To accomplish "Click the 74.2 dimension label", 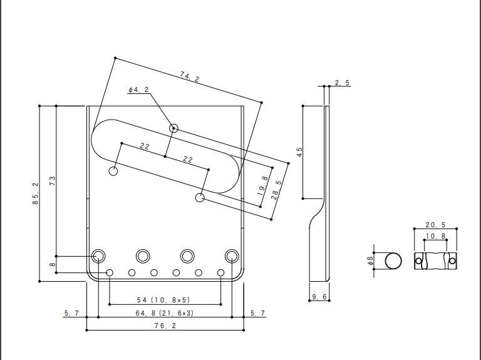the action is [x=190, y=76].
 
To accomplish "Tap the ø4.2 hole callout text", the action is [x=138, y=90].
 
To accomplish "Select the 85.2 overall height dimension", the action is [x=36, y=193].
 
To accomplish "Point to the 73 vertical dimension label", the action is [x=53, y=180].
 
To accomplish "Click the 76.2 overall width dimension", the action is [x=165, y=326].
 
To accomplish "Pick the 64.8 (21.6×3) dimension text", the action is [x=165, y=313].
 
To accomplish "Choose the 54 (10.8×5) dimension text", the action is [x=163, y=300].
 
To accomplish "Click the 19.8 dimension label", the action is [x=263, y=186].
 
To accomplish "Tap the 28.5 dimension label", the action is [x=276, y=190].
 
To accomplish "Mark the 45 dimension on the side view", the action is [x=299, y=152].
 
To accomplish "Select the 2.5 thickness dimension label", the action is [x=342, y=83].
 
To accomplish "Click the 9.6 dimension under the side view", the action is [x=319, y=297].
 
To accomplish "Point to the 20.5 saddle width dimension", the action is [x=435, y=225].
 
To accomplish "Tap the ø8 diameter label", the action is [x=371, y=260].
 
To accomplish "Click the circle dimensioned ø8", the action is [x=393, y=261].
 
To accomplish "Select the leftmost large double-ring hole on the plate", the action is [x=98, y=255].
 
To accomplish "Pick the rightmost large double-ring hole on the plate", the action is [x=232, y=255].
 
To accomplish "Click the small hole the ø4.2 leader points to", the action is [x=173, y=128].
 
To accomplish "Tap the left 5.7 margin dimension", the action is [x=71, y=313].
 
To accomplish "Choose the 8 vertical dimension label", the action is [x=53, y=264].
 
